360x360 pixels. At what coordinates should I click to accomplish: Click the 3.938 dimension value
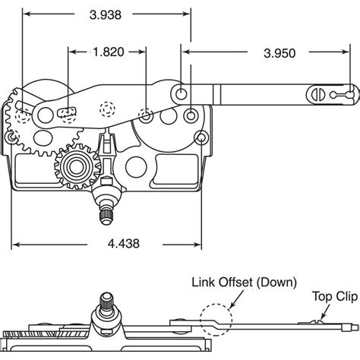pyautogui.click(x=106, y=15)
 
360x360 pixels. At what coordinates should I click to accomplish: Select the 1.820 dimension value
pyautogui.click(x=109, y=52)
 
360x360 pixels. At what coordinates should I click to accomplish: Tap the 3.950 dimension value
pyautogui.click(x=279, y=53)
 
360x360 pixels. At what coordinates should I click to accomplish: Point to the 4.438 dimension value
pyautogui.click(x=124, y=244)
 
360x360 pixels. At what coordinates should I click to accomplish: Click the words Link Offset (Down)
pyautogui.click(x=244, y=283)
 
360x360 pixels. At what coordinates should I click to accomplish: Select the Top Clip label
pyautogui.click(x=335, y=296)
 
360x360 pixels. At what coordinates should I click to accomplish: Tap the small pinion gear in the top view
pyautogui.click(x=77, y=167)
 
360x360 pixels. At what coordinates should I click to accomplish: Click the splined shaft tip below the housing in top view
pyautogui.click(x=106, y=215)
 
